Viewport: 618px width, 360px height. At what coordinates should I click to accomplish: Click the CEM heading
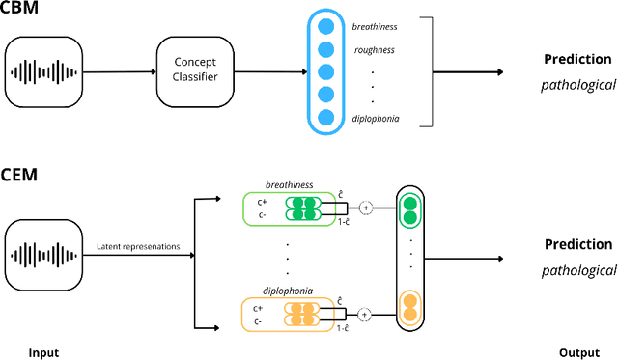click(x=20, y=175)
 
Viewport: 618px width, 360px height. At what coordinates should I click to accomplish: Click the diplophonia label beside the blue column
click(x=377, y=118)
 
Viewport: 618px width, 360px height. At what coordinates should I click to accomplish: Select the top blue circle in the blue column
click(x=325, y=28)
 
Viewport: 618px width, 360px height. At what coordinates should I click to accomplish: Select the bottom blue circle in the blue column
click(x=325, y=117)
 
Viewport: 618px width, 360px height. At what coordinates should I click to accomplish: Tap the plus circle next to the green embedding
click(x=366, y=207)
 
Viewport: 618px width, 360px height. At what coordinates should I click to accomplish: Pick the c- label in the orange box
click(x=258, y=319)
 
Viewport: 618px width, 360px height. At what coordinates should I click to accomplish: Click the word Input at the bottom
click(x=42, y=352)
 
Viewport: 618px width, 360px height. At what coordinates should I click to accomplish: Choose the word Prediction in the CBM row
click(x=578, y=60)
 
